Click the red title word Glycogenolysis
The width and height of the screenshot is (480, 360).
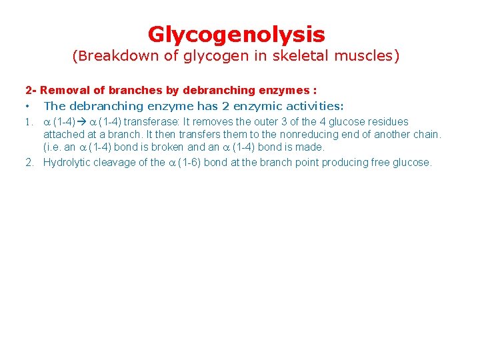(x=236, y=34)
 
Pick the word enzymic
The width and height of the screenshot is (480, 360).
(x=256, y=106)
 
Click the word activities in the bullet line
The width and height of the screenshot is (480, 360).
(x=313, y=106)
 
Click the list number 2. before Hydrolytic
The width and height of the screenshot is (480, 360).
(x=29, y=162)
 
